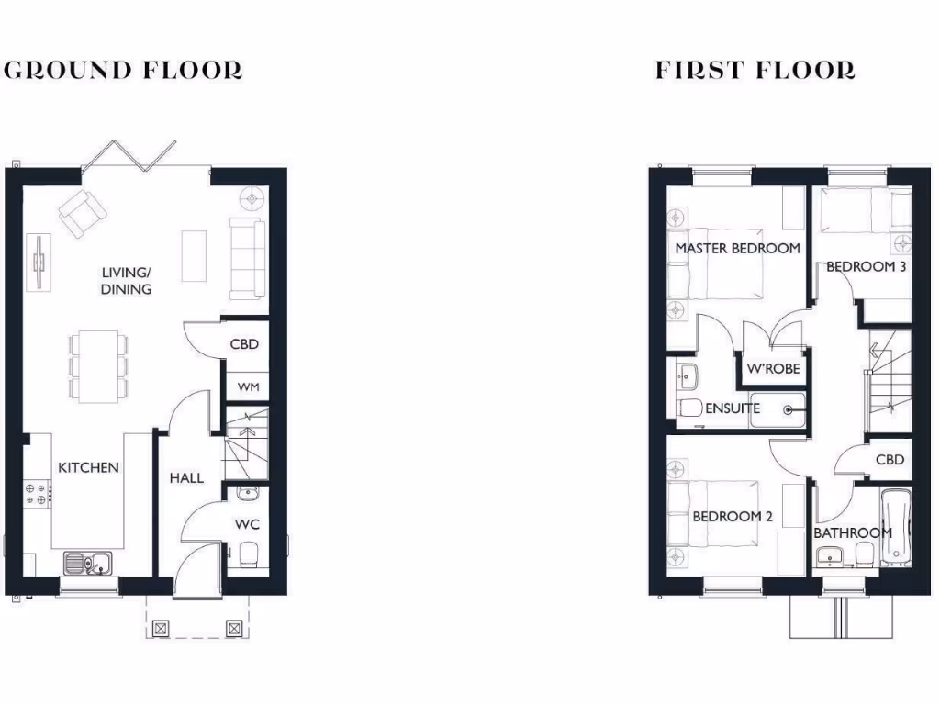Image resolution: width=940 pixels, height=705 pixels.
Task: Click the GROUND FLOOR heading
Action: (124, 70)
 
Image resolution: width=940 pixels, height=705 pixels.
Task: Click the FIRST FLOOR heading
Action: (755, 70)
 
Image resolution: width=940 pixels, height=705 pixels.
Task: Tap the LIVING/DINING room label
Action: (127, 281)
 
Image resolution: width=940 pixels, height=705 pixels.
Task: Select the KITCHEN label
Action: (89, 467)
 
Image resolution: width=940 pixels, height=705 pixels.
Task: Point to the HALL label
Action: (186, 478)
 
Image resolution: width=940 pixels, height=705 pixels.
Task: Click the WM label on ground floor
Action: (248, 387)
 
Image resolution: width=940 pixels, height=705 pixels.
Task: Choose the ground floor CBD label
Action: (244, 345)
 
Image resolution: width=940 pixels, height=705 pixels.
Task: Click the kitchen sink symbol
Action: (88, 562)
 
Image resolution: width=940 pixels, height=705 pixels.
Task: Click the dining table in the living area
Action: (97, 366)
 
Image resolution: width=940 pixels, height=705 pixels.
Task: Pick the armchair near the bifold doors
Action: (82, 212)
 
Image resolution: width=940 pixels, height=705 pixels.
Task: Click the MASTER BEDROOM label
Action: (737, 248)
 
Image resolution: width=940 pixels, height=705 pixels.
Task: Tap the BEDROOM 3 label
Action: (867, 267)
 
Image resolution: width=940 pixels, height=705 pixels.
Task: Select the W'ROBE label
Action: (773, 369)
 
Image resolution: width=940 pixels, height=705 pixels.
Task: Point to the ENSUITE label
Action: (733, 408)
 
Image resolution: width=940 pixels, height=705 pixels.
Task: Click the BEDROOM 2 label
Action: (733, 517)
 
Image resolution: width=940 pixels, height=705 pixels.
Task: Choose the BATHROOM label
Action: (853, 532)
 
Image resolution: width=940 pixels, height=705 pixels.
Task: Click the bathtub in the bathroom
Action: (895, 528)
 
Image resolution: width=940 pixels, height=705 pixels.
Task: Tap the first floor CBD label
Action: (890, 460)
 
